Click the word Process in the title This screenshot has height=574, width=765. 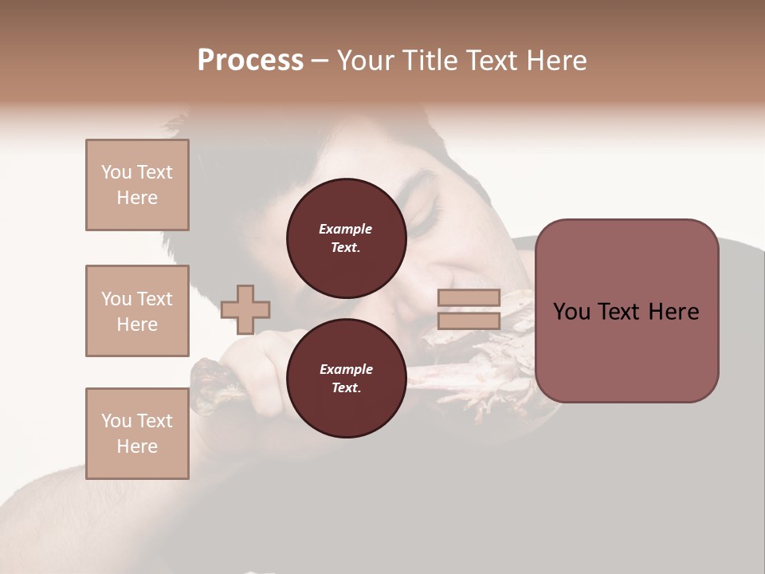(250, 61)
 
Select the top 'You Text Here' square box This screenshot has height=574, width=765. (137, 185)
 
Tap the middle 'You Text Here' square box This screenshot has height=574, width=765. (137, 311)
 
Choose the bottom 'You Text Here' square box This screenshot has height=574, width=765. (137, 434)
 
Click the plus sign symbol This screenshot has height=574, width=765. (245, 309)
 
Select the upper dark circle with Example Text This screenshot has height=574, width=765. (346, 238)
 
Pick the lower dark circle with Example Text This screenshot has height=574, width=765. (346, 378)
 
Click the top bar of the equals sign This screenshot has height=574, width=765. (469, 298)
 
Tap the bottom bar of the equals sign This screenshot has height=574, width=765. (469, 321)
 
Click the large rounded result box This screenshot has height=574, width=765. (626, 311)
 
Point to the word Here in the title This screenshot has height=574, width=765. (556, 61)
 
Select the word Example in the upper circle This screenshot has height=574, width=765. (346, 229)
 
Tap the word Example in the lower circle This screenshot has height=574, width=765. (346, 369)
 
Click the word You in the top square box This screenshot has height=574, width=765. (116, 172)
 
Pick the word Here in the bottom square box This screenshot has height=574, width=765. (137, 446)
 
